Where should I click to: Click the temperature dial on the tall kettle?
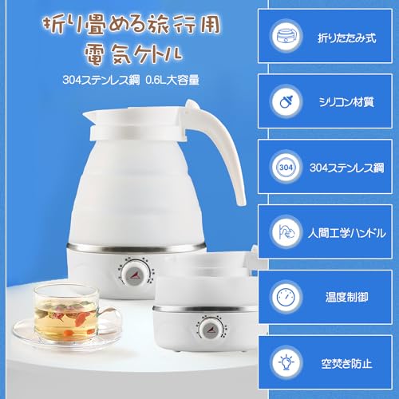[135, 275]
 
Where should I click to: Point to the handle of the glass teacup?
[110, 319]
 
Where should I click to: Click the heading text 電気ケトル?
[133, 55]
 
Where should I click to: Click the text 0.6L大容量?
[172, 80]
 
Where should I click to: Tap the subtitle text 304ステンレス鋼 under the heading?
[101, 80]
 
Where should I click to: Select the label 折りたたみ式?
[347, 38]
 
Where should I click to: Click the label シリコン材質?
[346, 102]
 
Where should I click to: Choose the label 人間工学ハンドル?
[347, 233]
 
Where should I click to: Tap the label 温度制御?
[347, 297]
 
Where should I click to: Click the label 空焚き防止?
[346, 363]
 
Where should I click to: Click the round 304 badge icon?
[286, 168]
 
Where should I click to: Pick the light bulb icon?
[286, 362]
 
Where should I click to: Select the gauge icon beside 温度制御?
[286, 297]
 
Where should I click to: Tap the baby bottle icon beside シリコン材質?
[286, 101]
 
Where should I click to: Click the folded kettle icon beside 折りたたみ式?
[286, 36]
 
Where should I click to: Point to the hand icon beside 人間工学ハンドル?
[286, 231]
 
